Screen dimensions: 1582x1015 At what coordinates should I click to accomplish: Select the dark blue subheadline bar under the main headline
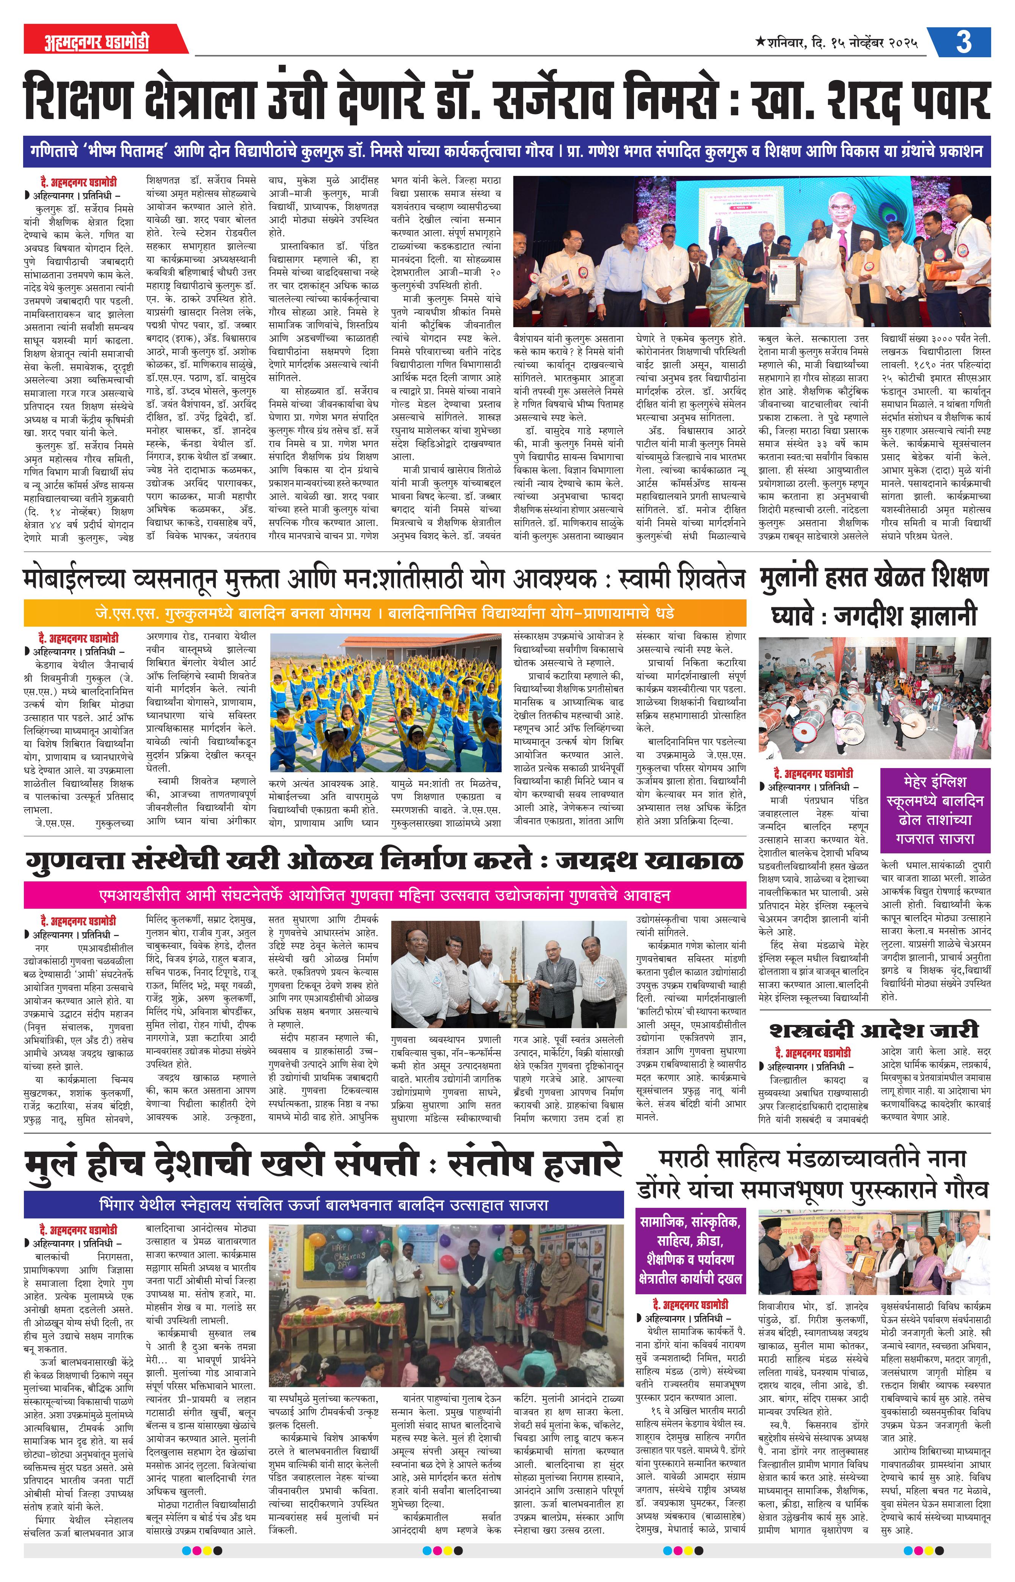[506, 150]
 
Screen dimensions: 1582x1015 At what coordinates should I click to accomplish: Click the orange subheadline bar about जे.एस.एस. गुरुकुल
[384, 613]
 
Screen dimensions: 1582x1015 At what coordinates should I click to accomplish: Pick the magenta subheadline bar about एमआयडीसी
[384, 895]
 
